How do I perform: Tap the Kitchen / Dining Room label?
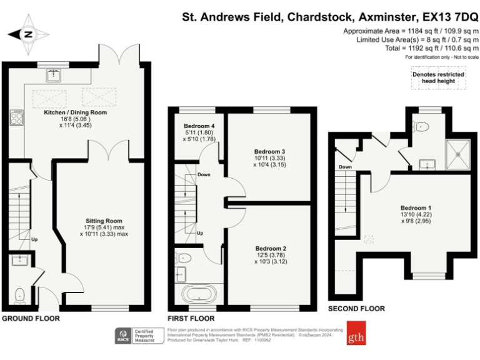click(75, 112)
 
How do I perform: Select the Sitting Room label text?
click(104, 221)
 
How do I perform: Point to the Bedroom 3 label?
click(270, 152)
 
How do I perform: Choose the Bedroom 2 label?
click(271, 248)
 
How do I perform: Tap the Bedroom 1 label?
click(416, 207)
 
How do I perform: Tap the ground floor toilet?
click(19, 292)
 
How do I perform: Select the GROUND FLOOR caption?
click(31, 318)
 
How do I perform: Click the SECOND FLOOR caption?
click(356, 309)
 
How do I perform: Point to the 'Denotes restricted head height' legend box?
click(437, 78)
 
